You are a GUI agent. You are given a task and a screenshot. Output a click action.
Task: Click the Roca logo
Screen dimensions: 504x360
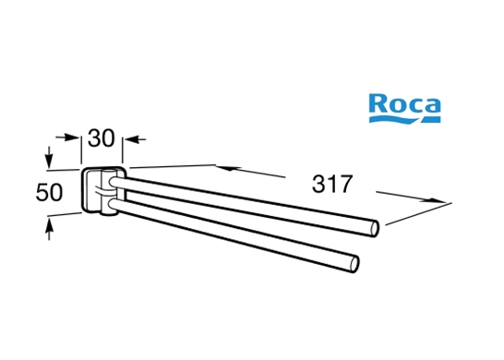tap(404, 108)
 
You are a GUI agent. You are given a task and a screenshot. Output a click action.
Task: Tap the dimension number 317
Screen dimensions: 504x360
tap(332, 185)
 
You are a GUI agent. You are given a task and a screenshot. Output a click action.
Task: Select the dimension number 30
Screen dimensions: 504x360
tap(101, 138)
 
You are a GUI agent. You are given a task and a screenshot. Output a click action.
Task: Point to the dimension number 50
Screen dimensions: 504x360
tap(49, 193)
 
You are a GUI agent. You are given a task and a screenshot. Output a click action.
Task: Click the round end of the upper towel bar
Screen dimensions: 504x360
tap(375, 229)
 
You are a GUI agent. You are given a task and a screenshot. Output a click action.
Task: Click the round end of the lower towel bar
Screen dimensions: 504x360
tap(354, 264)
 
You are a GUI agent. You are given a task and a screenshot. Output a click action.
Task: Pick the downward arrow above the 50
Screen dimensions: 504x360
tap(49, 157)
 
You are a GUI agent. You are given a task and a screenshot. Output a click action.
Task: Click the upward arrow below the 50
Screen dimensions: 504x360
tap(49, 229)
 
